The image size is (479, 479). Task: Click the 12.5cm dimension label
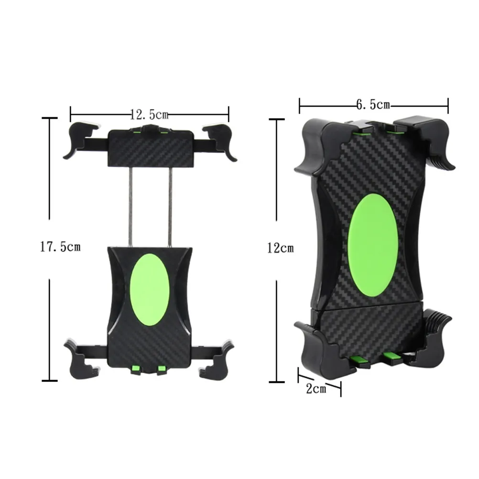[149, 115]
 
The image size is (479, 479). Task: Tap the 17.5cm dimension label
[61, 247]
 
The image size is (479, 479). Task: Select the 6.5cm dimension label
[373, 105]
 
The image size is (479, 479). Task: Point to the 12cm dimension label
[281, 248]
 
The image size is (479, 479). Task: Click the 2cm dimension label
[316, 389]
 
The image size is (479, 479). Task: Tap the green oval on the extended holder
[150, 289]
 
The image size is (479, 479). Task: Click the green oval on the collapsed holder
[373, 245]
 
